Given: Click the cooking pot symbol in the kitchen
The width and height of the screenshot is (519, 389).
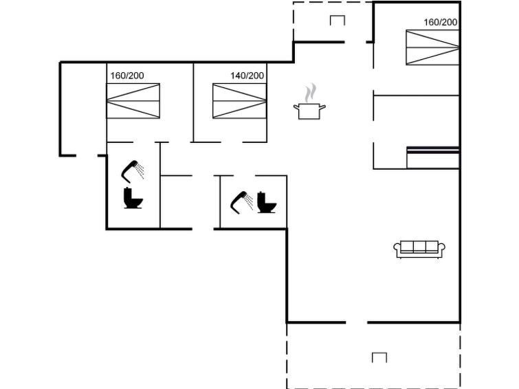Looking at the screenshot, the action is (x=309, y=111).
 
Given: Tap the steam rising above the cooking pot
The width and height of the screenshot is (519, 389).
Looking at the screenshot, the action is (x=311, y=93).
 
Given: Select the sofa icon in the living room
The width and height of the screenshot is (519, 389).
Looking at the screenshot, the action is (x=419, y=249).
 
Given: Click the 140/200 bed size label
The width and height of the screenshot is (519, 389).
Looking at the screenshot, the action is (x=247, y=76).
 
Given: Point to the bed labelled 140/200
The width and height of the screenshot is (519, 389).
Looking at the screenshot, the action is (x=239, y=101).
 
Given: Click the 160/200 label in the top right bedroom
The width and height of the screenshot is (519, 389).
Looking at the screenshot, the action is (x=441, y=22).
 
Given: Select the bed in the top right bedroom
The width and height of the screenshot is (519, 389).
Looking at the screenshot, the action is (x=432, y=47).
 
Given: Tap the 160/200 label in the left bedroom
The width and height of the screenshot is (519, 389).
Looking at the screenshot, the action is (x=127, y=76).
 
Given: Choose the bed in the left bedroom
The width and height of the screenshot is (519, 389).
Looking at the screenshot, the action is (x=133, y=101).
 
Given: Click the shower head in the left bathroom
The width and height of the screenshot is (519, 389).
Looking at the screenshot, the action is (x=133, y=171).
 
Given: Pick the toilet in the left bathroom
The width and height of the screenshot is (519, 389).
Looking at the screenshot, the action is (x=133, y=198).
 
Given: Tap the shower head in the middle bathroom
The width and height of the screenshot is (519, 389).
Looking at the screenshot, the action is (x=241, y=202).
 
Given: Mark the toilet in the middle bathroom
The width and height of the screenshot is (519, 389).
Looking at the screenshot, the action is (x=267, y=202).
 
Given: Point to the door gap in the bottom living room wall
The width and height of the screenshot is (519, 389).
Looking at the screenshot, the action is (x=357, y=322).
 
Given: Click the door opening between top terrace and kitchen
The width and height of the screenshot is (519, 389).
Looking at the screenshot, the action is (x=355, y=42).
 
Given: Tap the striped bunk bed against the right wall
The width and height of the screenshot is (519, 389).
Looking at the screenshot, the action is (x=433, y=157).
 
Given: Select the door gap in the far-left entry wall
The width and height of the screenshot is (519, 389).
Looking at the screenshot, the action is (x=87, y=155).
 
